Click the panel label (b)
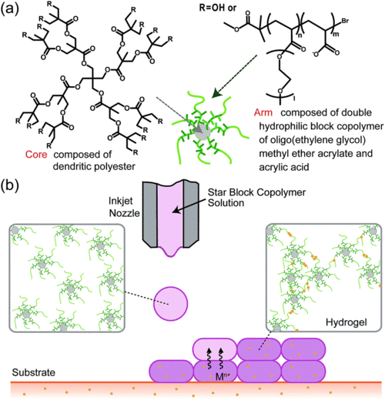[13, 186]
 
